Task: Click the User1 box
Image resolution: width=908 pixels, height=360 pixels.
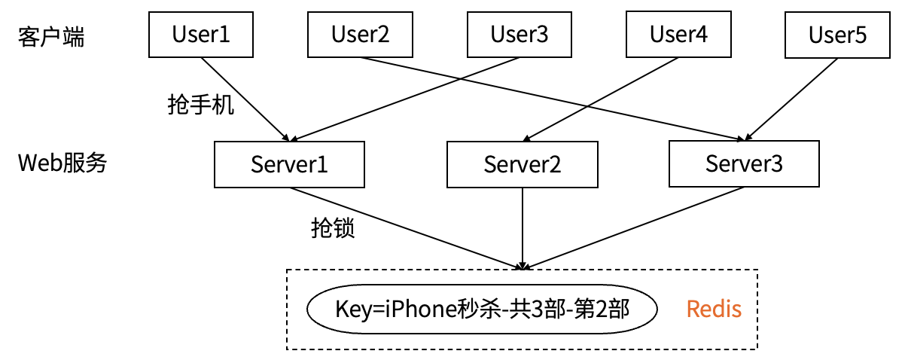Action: click(x=201, y=35)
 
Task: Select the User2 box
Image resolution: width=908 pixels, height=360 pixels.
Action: click(x=360, y=35)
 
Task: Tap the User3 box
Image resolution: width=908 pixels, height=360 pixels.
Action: click(x=519, y=35)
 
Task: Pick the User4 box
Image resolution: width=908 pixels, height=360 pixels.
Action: click(x=678, y=35)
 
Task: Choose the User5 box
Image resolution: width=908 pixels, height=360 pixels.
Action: click(x=837, y=35)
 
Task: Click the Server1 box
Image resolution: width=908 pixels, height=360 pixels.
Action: click(x=289, y=164)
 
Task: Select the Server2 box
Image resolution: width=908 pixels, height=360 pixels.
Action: click(x=522, y=164)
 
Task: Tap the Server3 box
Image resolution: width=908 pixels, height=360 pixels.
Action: click(x=744, y=163)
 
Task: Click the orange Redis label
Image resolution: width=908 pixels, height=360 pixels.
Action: click(x=714, y=309)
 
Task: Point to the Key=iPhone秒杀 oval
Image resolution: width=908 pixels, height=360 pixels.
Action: click(x=482, y=309)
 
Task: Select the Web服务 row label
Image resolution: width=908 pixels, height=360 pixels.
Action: click(x=62, y=163)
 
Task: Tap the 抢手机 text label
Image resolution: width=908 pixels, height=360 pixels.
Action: click(x=200, y=105)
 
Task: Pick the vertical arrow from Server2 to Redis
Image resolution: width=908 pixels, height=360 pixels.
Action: click(x=522, y=226)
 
